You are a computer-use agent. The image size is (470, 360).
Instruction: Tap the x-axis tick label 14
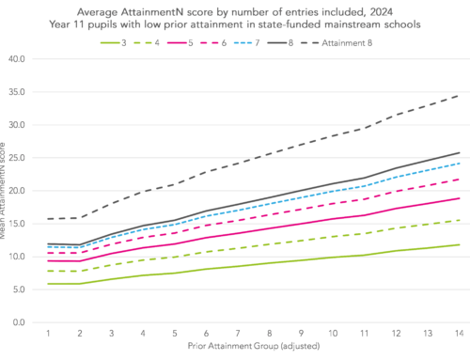click(x=458, y=334)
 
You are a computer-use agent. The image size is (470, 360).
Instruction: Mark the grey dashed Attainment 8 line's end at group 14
click(x=458, y=95)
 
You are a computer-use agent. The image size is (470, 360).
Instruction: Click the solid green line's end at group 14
click(x=458, y=244)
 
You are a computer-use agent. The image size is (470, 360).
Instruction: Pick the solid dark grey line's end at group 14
click(x=458, y=152)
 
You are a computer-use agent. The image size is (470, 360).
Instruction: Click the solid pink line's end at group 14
click(x=458, y=198)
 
